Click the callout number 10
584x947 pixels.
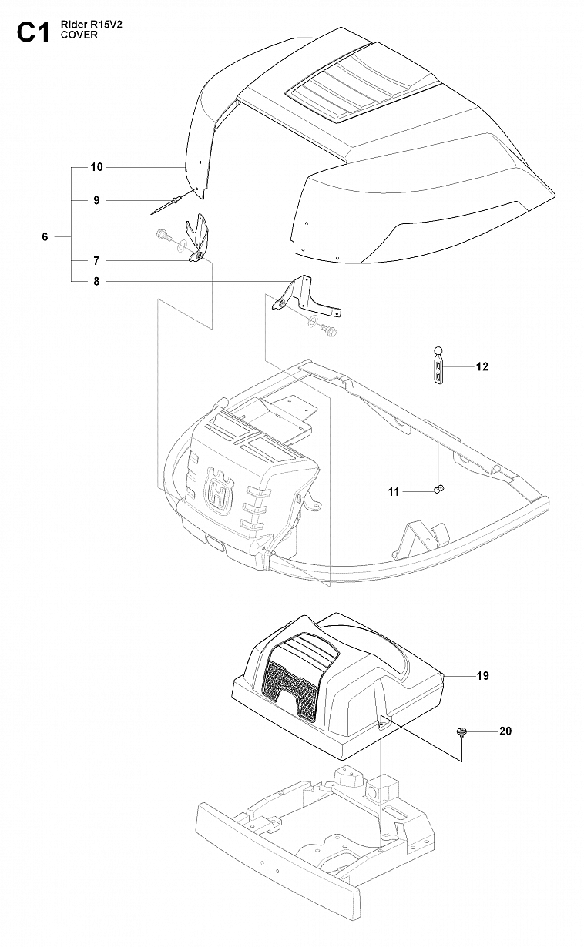pyautogui.click(x=97, y=167)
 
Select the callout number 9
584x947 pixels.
pyautogui.click(x=96, y=200)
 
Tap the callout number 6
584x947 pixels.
pyautogui.click(x=45, y=237)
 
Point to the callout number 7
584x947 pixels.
pyautogui.click(x=96, y=261)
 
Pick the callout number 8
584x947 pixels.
pyautogui.click(x=96, y=281)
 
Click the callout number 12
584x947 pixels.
pyautogui.click(x=482, y=366)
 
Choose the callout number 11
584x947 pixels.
pyautogui.click(x=394, y=492)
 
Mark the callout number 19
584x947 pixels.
pyautogui.click(x=482, y=676)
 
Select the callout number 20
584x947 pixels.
pyautogui.click(x=505, y=731)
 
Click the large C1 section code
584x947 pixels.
pyautogui.click(x=33, y=32)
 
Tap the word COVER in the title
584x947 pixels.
pyautogui.click(x=79, y=35)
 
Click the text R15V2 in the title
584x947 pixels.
pyautogui.click(x=104, y=25)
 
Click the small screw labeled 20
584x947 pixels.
pyautogui.click(x=461, y=732)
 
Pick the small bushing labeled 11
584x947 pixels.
pyautogui.click(x=439, y=489)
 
